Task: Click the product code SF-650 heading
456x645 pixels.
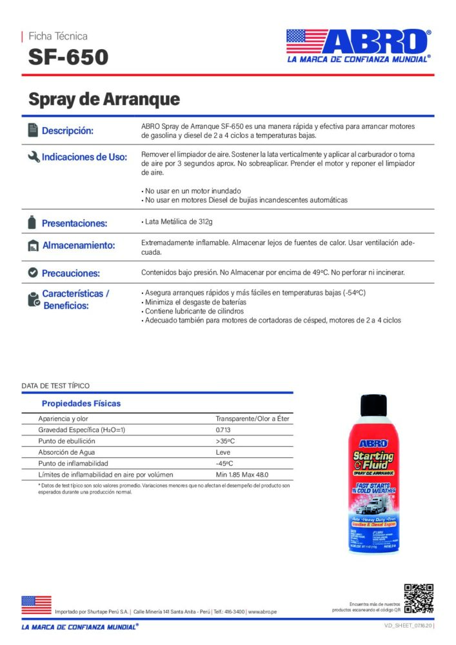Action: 68,57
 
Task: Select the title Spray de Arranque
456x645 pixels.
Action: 104,99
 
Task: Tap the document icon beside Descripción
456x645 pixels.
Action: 33,130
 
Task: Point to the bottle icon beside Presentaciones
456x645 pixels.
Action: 32,223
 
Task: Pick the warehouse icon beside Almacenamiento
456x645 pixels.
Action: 33,246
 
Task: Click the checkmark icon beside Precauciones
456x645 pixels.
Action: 33,272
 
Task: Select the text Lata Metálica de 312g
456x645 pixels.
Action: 177,222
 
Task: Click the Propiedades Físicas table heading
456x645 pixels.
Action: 81,404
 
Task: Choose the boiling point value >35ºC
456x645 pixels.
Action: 226,441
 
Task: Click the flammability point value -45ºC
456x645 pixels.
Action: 224,463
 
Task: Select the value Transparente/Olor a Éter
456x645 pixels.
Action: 252,419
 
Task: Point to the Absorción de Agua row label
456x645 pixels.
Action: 66,452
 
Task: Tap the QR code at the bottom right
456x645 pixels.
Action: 418,598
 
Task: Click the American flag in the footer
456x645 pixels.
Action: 36,604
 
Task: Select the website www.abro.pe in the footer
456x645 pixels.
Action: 262,611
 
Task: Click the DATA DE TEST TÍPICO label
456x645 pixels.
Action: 55,386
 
